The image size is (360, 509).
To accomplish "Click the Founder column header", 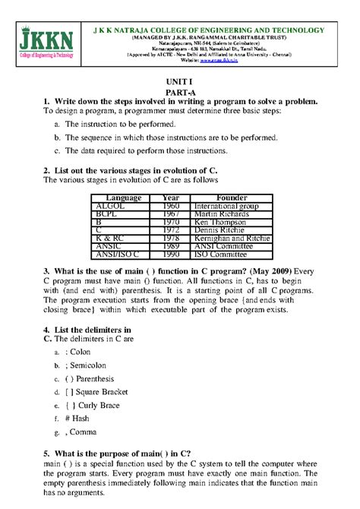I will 232,198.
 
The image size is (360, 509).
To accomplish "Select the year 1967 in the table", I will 172,214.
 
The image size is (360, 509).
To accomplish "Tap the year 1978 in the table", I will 172,239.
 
